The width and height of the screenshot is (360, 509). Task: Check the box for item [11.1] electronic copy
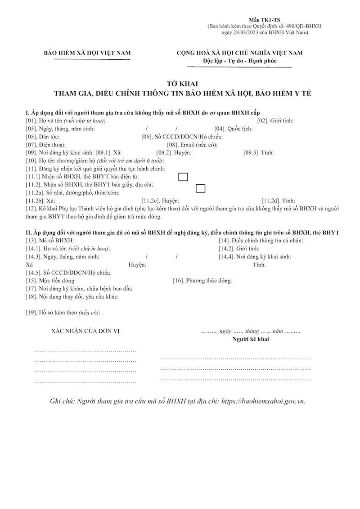point(183,177)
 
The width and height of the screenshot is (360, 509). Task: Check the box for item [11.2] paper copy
point(200,188)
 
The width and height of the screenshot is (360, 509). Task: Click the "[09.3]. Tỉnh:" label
point(259,153)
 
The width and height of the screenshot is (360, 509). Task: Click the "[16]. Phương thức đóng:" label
point(202,281)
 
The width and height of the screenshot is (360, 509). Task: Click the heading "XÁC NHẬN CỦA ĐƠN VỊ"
point(85,331)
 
